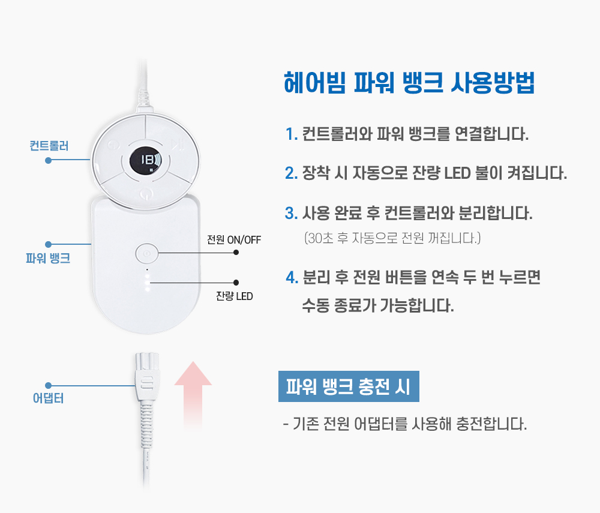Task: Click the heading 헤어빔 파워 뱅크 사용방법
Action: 409,83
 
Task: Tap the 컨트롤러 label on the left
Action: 49,146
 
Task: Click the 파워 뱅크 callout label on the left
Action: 49,259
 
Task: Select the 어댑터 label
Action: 48,398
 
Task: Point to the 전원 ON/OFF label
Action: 234,240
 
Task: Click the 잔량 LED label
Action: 235,296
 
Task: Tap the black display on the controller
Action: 146,161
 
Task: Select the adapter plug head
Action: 146,378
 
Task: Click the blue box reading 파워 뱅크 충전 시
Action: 349,387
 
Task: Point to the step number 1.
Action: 292,134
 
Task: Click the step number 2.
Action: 292,174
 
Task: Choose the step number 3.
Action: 292,214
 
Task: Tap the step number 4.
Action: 293,278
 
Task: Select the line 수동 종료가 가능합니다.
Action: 378,306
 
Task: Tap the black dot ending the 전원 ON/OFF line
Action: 236,253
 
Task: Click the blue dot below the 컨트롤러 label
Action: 48,160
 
